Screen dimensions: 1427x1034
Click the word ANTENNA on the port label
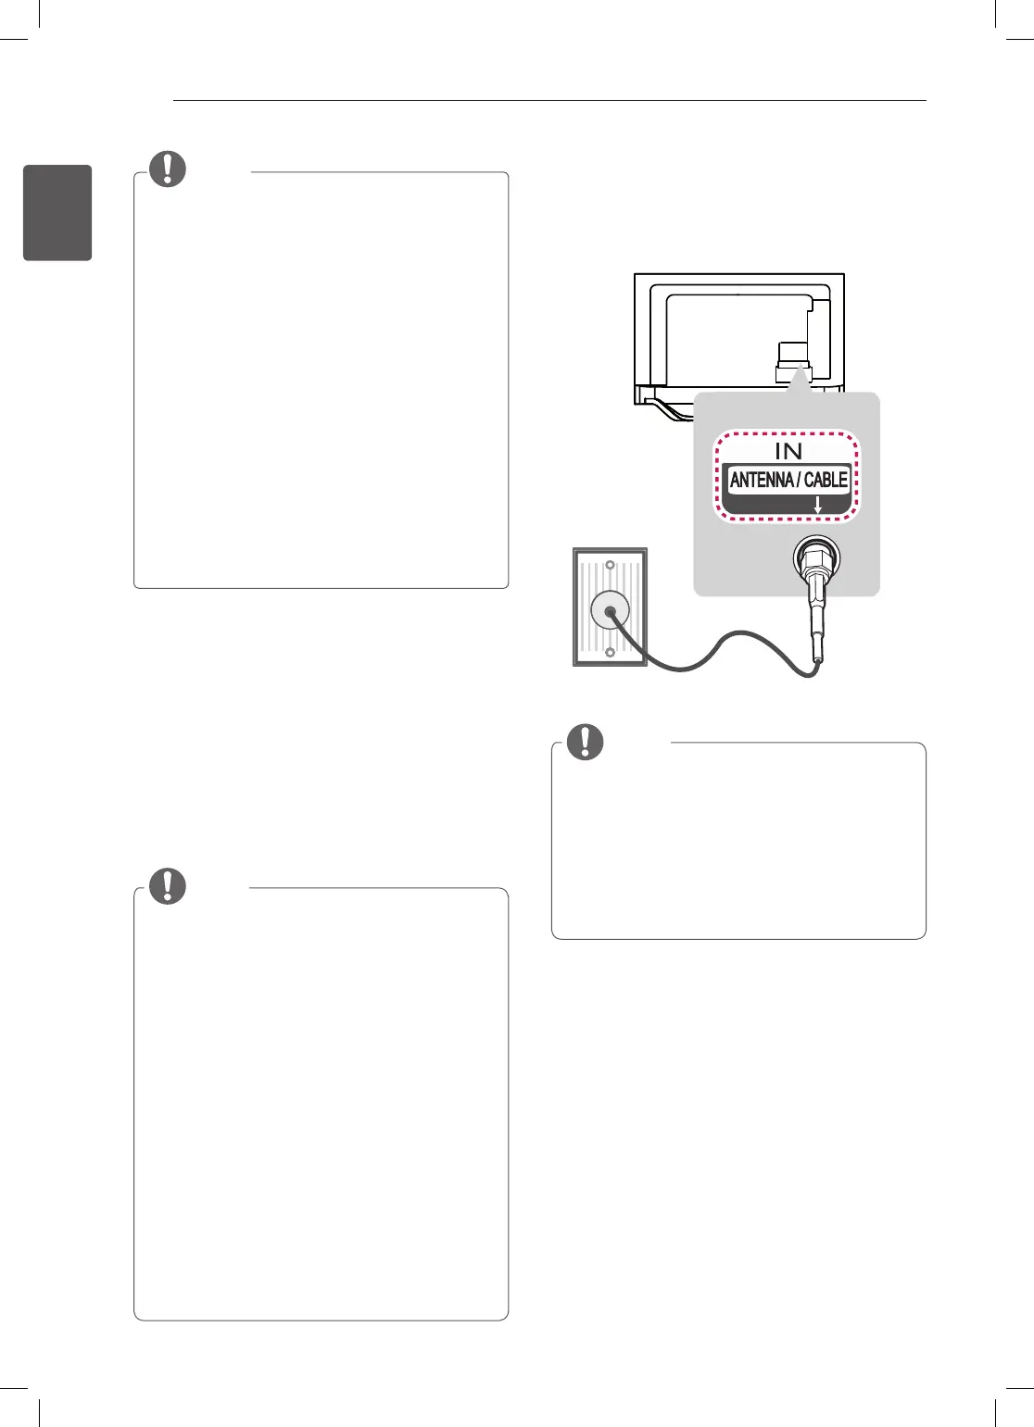[x=762, y=480]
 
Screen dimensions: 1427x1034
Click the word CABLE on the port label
[x=826, y=480]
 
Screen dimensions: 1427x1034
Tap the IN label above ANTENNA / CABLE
[x=788, y=451]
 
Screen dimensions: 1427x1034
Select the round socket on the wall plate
[x=610, y=610]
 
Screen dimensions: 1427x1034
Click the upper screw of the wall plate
[x=610, y=565]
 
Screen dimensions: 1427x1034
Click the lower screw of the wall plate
[x=610, y=653]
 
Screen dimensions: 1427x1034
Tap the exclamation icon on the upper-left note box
[x=168, y=169]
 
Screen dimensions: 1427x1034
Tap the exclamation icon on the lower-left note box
[x=168, y=885]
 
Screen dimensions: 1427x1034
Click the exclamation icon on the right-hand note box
[x=585, y=741]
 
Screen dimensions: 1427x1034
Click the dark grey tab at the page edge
[x=57, y=213]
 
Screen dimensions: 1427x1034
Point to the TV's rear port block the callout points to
[x=792, y=361]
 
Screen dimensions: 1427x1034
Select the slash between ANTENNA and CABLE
[x=798, y=480]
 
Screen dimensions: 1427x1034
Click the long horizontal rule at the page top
[x=549, y=100]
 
